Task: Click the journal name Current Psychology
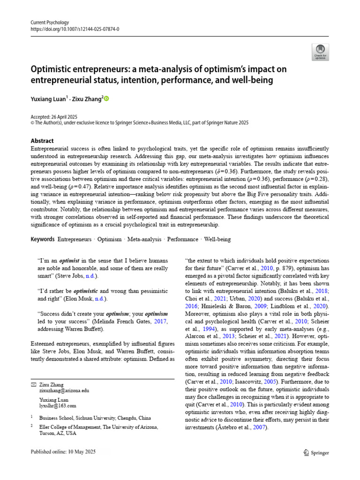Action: click(x=49, y=22)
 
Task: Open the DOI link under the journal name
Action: click(x=75, y=29)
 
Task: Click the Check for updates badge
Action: click(x=320, y=52)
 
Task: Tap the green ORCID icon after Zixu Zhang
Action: click(x=106, y=98)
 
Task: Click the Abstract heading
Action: click(x=42, y=141)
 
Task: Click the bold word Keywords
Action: click(x=42, y=239)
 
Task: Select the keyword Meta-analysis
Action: click(x=146, y=239)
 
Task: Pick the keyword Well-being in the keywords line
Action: click(x=217, y=239)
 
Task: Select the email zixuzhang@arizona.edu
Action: click(x=64, y=390)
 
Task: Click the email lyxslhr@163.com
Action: click(x=57, y=405)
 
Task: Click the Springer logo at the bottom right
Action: click(x=316, y=453)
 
